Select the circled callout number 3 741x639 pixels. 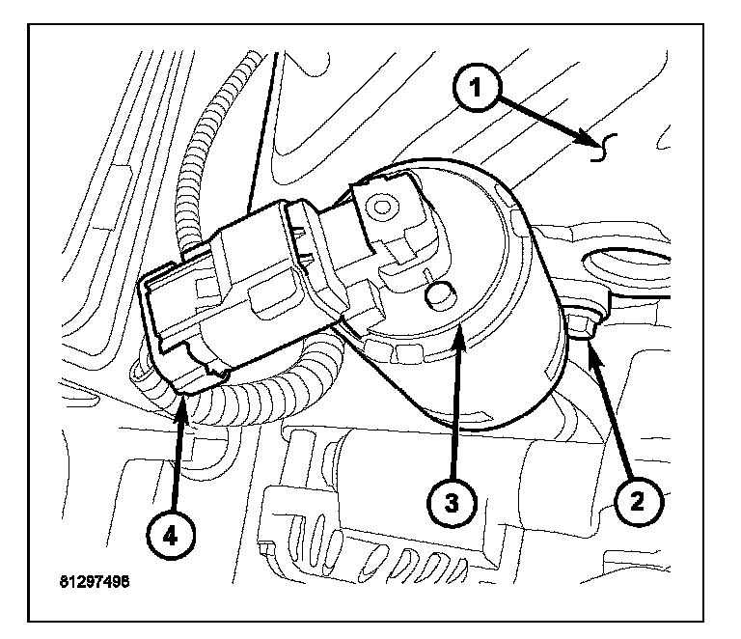click(x=452, y=502)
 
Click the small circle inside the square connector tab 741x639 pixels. click(x=384, y=206)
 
